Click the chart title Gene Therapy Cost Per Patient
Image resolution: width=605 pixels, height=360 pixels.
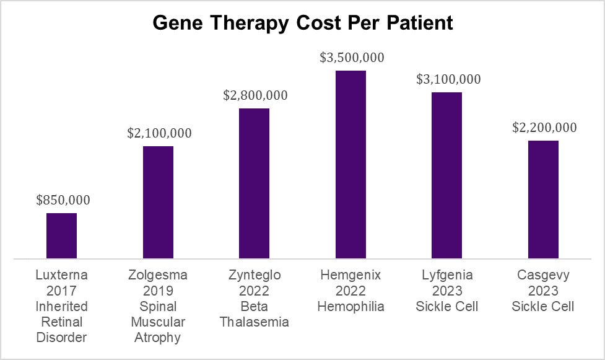(302, 23)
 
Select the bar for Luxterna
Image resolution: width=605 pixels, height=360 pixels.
(62, 235)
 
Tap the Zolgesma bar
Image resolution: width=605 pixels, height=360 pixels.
(158, 202)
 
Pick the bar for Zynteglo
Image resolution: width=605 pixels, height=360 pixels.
(255, 183)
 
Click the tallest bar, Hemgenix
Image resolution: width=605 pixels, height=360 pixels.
(350, 164)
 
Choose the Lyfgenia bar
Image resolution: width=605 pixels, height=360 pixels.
(447, 175)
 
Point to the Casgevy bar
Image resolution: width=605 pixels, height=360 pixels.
(543, 200)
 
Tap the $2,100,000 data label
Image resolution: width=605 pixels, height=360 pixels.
(159, 133)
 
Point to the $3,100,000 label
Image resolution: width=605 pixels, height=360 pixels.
(448, 79)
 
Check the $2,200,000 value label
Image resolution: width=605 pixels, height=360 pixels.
(544, 128)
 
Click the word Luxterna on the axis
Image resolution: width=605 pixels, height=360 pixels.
(62, 274)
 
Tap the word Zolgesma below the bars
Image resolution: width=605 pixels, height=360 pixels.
(158, 274)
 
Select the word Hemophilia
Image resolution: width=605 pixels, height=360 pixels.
(350, 307)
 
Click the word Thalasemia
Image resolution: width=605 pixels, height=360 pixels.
(255, 322)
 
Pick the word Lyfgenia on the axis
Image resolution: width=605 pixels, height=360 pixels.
(447, 274)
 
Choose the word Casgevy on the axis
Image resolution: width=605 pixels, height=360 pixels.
(543, 274)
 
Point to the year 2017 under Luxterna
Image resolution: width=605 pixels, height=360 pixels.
(62, 291)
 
